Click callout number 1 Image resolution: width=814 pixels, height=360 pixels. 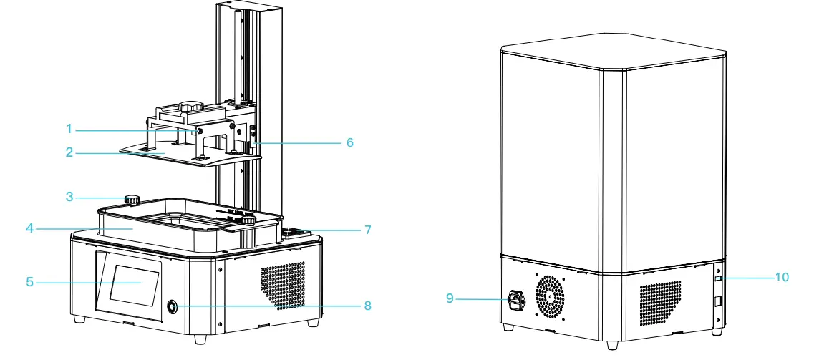69,129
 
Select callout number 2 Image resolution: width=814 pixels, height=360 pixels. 69,153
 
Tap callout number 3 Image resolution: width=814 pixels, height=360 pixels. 69,196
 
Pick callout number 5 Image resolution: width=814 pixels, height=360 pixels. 30,282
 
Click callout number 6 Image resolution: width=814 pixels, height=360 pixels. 349,142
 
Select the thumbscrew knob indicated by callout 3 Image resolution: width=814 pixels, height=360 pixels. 132,200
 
